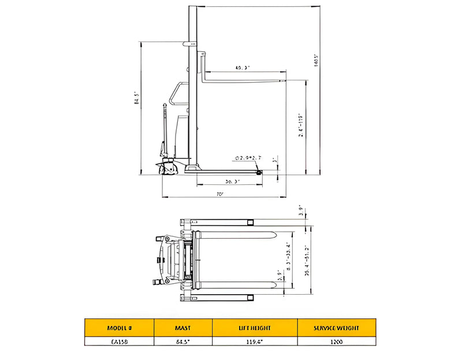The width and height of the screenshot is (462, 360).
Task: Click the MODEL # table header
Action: pyautogui.click(x=119, y=328)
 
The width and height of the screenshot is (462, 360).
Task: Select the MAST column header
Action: pyautogui.click(x=182, y=328)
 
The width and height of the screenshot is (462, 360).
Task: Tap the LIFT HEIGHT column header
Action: pyautogui.click(x=254, y=328)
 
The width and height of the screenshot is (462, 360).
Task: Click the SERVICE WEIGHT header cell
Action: pyautogui.click(x=336, y=328)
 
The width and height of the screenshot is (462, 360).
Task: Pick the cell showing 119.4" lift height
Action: pyautogui.click(x=254, y=342)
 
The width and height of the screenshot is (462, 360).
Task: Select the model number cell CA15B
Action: pyautogui.click(x=119, y=342)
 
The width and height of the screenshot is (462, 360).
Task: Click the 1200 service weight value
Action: pyautogui.click(x=336, y=342)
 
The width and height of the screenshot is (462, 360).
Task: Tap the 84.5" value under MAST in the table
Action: pyautogui.click(x=182, y=342)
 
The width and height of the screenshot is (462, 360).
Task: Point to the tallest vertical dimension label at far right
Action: pyautogui.click(x=316, y=61)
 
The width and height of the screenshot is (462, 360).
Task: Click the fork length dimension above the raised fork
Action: pyautogui.click(x=243, y=68)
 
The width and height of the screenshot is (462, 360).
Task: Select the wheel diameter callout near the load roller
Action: pyautogui.click(x=248, y=157)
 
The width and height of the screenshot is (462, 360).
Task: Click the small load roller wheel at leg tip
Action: pyautogui.click(x=258, y=171)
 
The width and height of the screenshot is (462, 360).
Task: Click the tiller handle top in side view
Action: pyautogui.click(x=165, y=105)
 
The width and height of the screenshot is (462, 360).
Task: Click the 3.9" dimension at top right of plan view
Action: pyautogui.click(x=301, y=211)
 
